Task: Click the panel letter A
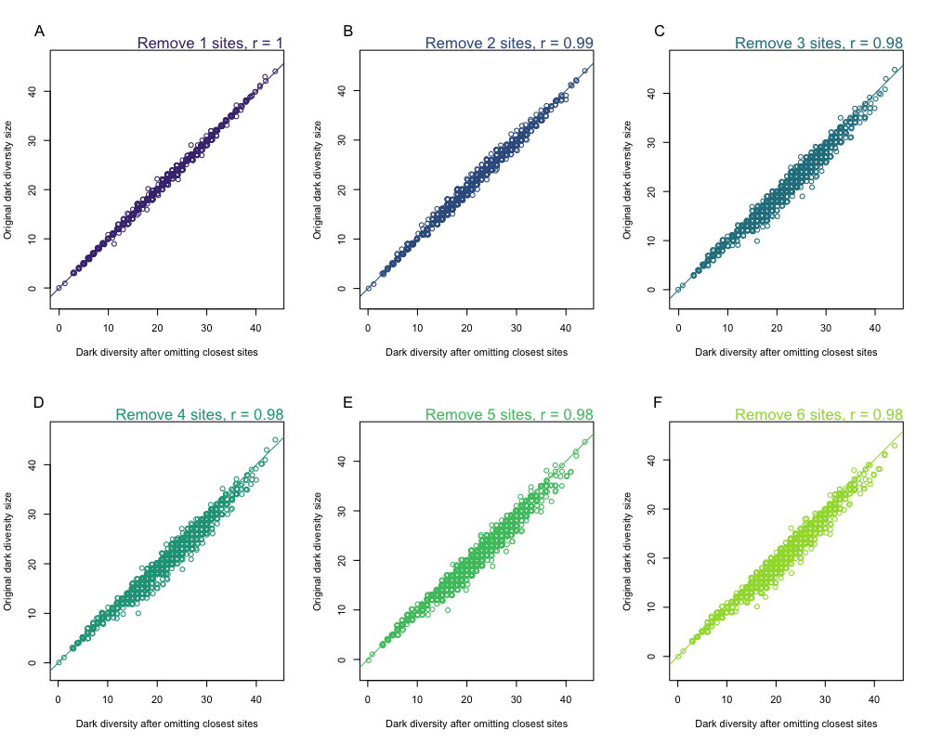point(39,32)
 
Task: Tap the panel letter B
point(348,32)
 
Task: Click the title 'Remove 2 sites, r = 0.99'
point(509,43)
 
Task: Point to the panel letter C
point(659,32)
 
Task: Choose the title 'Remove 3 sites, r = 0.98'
point(818,43)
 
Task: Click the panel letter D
point(39,403)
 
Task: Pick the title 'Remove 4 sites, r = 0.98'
point(199,414)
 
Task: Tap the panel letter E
point(348,403)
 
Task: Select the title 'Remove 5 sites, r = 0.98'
point(509,414)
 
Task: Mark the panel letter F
point(659,403)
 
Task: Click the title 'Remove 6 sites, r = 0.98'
point(818,414)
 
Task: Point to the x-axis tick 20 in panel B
point(467,327)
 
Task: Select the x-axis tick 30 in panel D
point(207,698)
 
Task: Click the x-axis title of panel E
point(476,723)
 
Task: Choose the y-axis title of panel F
point(627,551)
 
